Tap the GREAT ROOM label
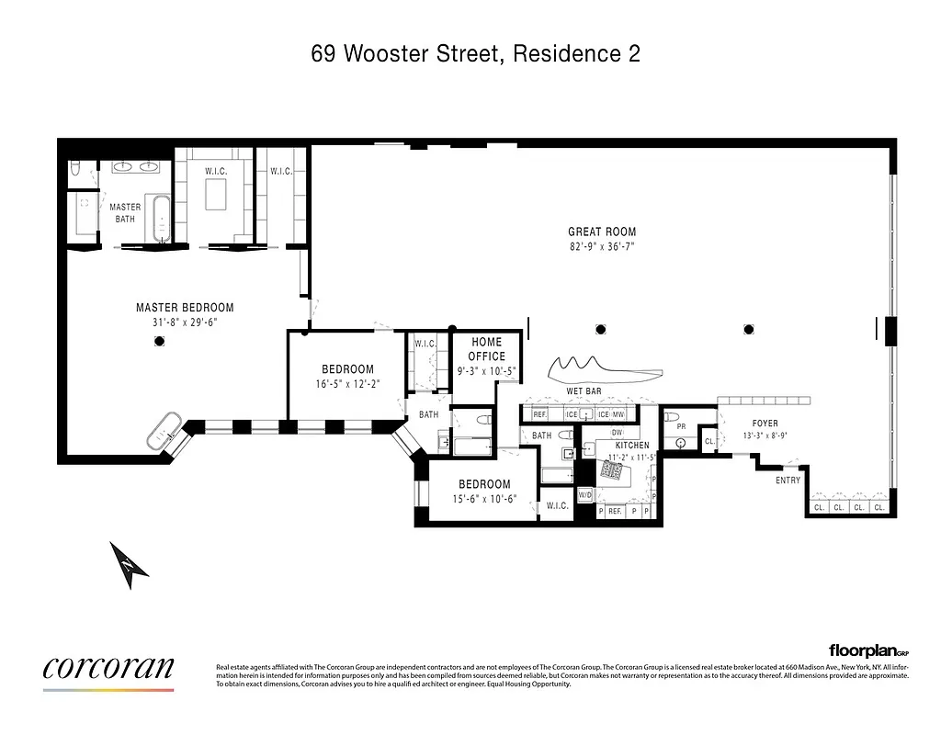(x=602, y=232)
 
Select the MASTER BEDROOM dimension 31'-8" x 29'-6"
(x=185, y=322)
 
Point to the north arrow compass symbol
(x=130, y=563)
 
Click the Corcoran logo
(x=108, y=669)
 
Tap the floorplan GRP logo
(x=867, y=650)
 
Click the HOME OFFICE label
(x=486, y=349)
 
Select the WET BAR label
(x=584, y=391)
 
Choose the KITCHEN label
(x=632, y=446)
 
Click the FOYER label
(x=764, y=424)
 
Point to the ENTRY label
(x=788, y=481)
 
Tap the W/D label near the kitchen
(x=585, y=495)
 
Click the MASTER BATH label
(x=125, y=213)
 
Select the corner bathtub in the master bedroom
(x=166, y=429)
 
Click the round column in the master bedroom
(x=159, y=341)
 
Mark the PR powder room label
(x=680, y=427)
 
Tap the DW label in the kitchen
(x=618, y=432)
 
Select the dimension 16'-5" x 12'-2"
(x=346, y=385)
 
